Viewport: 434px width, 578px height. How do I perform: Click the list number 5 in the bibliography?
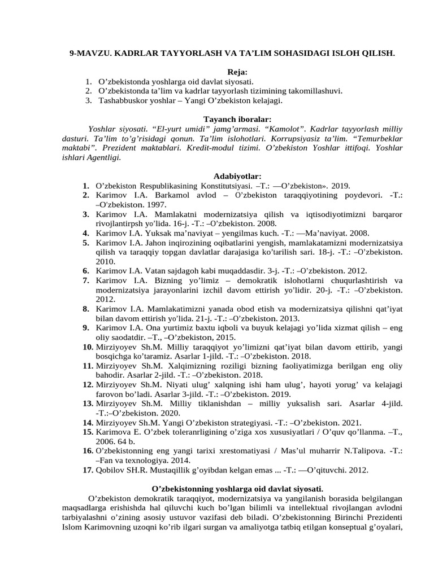86,243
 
